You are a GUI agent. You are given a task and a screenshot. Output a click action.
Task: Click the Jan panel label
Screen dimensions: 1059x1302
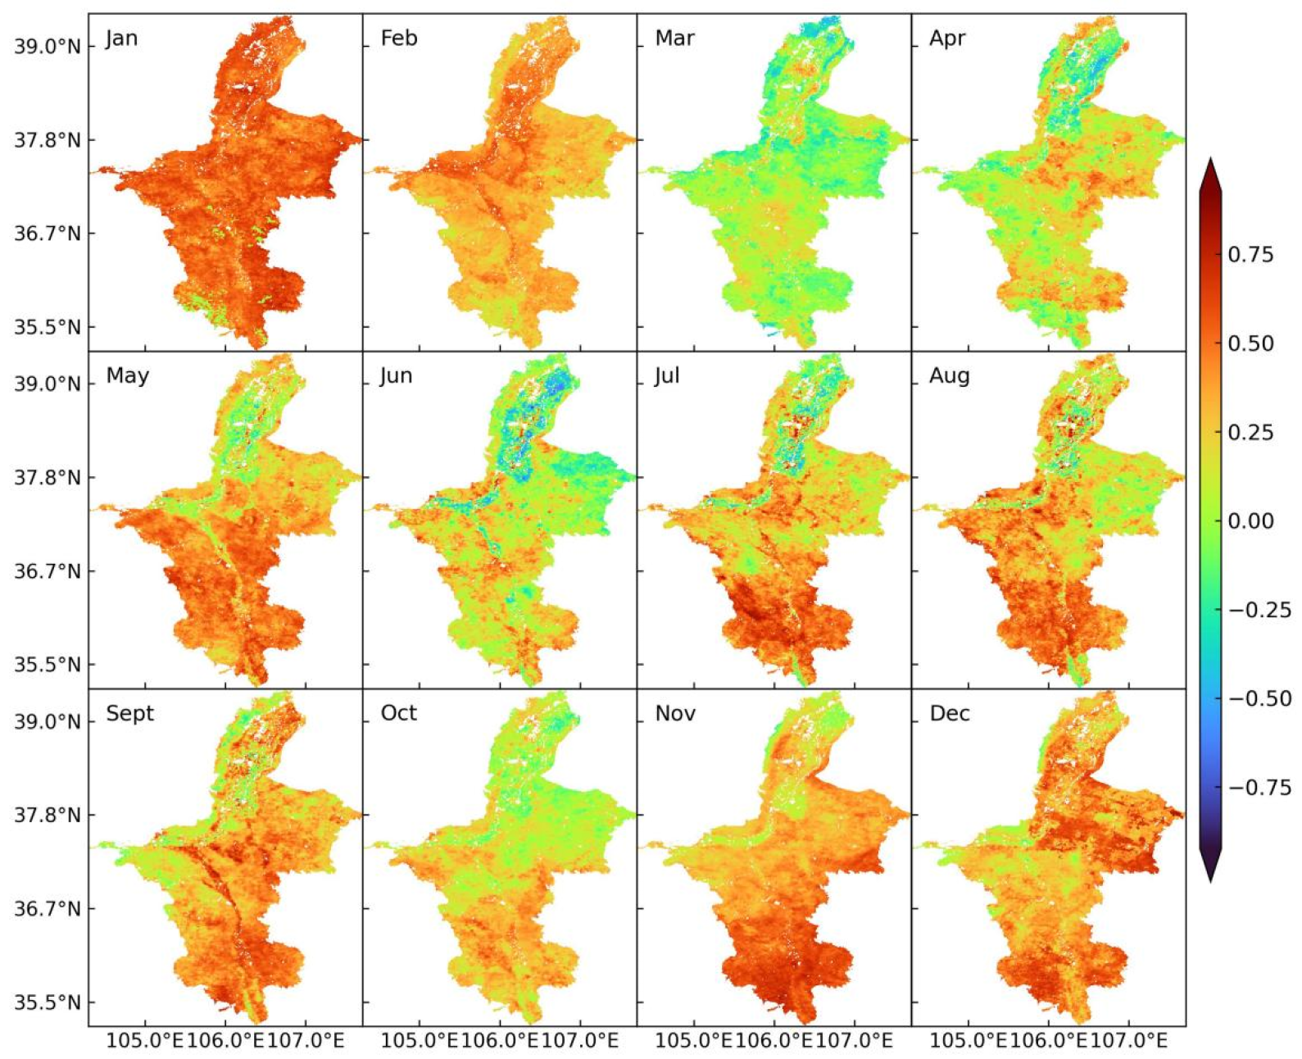point(121,39)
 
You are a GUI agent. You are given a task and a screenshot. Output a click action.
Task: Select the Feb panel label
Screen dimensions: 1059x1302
point(399,39)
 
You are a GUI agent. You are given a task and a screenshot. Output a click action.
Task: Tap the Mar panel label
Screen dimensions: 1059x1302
point(674,39)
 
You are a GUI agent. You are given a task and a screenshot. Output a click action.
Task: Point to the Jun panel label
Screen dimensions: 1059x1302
point(396,376)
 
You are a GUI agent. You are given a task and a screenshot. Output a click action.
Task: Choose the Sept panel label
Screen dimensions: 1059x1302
point(129,713)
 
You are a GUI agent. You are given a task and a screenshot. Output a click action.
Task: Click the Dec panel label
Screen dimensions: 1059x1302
point(949,714)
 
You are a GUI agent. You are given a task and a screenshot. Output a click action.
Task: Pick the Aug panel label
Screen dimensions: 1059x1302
point(949,376)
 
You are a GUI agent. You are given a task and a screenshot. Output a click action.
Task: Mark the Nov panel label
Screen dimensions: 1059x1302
point(675,714)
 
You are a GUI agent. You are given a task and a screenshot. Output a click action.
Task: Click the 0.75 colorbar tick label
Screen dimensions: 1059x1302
point(1250,255)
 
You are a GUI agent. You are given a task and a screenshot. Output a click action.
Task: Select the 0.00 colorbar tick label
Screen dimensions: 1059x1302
point(1250,521)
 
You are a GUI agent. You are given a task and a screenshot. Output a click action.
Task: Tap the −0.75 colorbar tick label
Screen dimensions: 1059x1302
point(1259,788)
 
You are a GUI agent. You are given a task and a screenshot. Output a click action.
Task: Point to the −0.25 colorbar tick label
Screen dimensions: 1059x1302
point(1259,610)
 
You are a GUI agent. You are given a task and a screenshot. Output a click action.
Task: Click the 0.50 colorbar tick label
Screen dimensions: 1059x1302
point(1250,343)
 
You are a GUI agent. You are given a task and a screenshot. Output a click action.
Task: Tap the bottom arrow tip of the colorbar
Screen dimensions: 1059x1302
point(1210,881)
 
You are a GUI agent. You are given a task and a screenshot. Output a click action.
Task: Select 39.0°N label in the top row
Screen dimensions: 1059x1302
point(48,47)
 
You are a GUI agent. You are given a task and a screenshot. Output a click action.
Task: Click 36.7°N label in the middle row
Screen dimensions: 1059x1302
point(48,571)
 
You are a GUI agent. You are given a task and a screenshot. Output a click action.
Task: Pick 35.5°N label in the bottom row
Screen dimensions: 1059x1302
point(48,1002)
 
